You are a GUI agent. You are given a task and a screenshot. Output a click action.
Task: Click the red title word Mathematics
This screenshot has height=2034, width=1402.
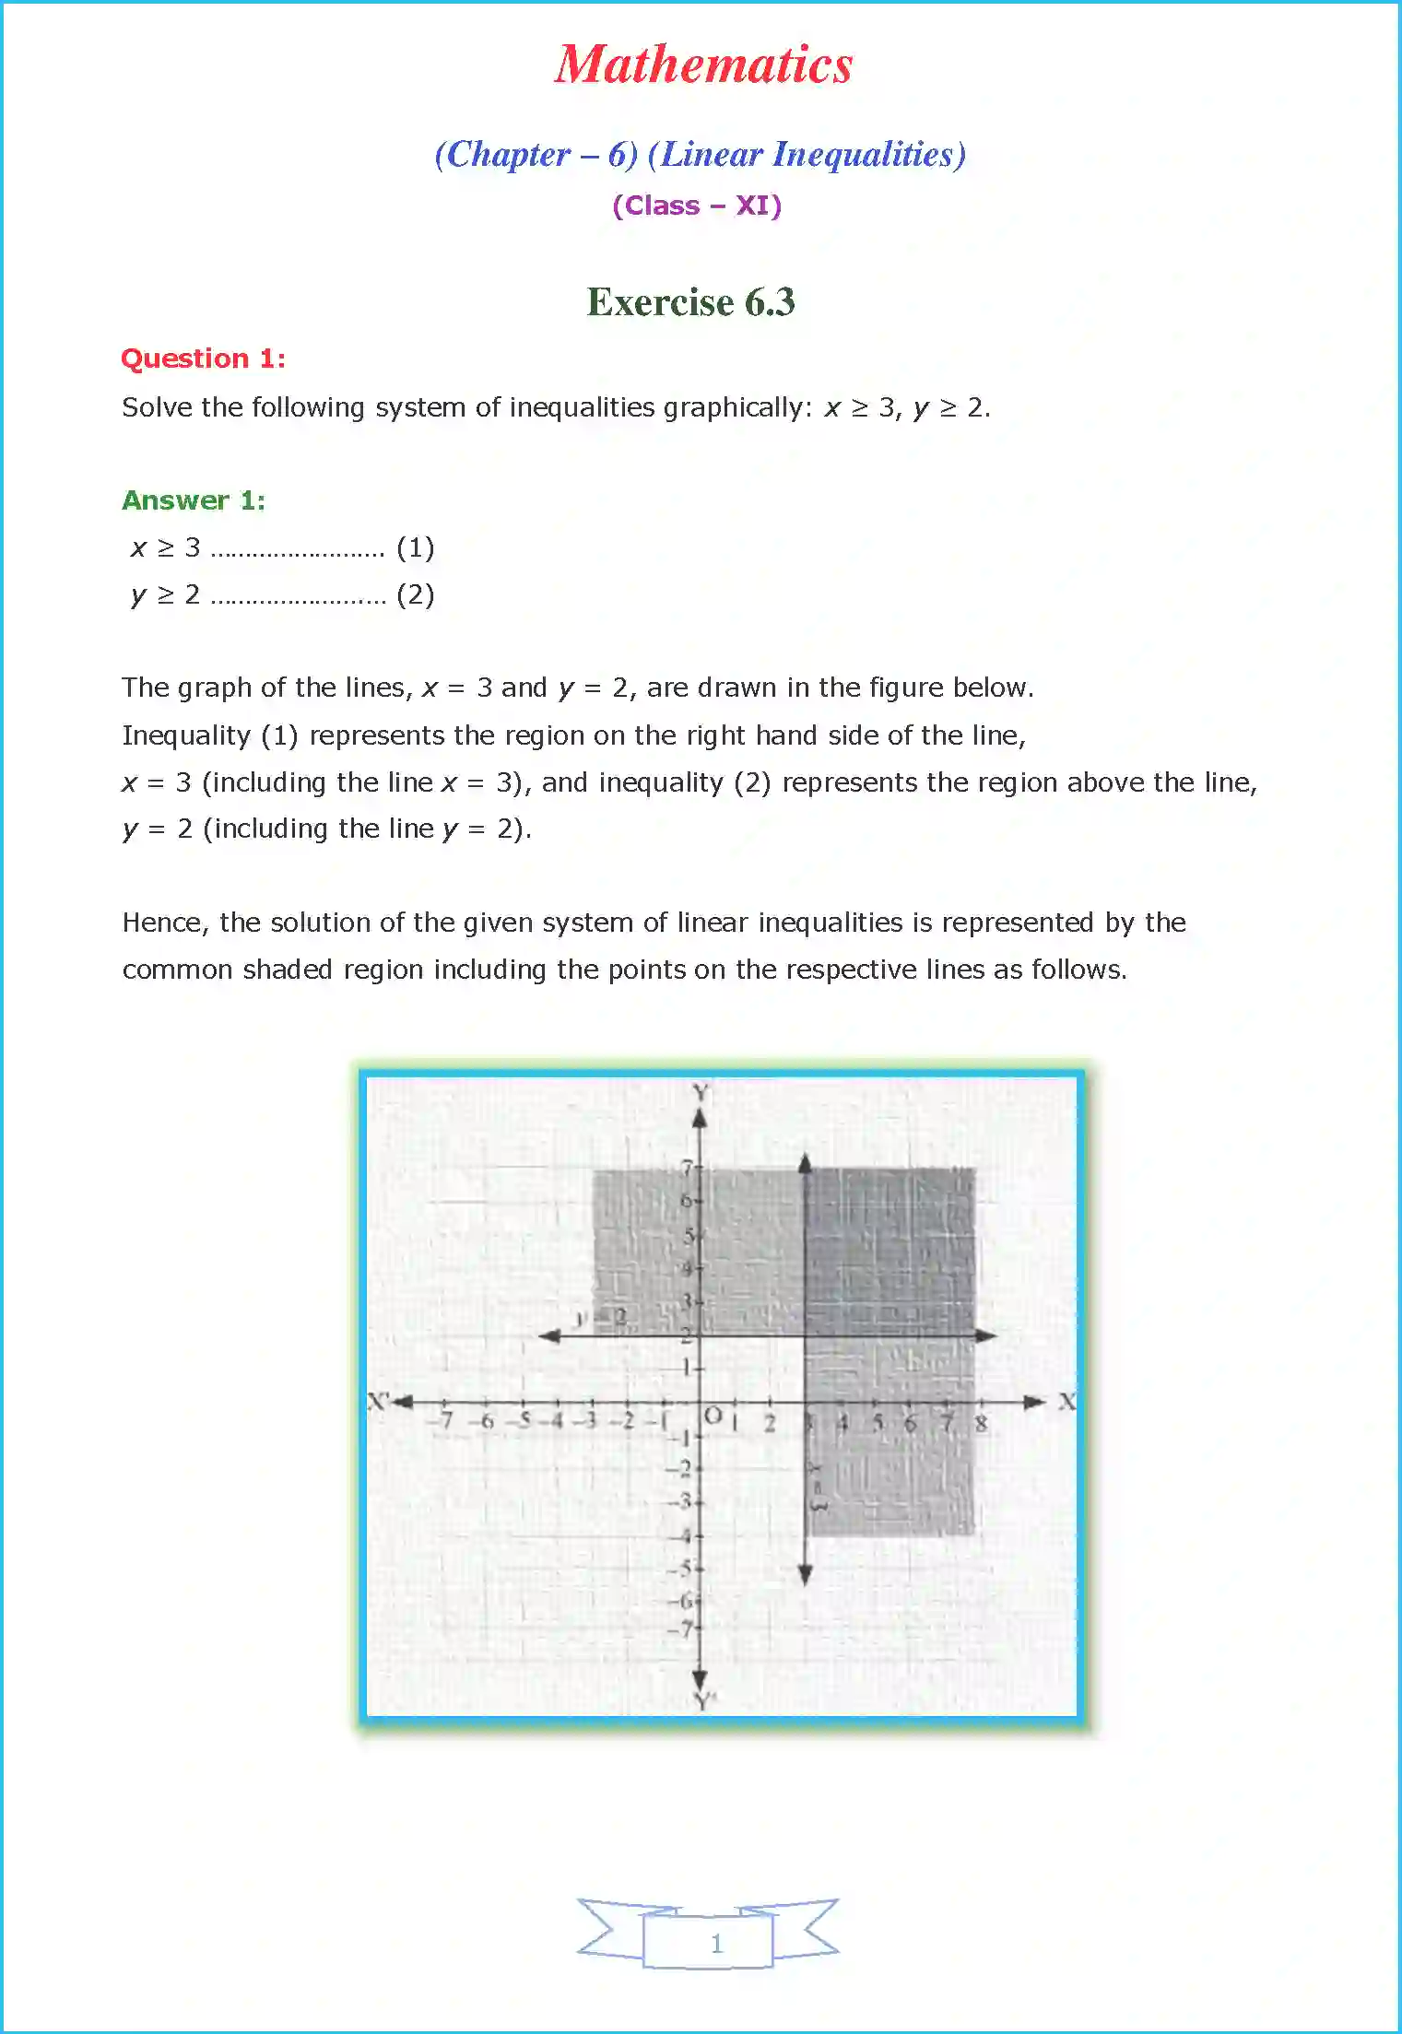pos(703,65)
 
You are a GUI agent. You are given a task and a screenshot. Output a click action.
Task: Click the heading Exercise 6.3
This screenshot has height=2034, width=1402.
pos(690,302)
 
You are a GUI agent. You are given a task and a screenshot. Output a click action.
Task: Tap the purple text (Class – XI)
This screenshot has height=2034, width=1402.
pos(697,206)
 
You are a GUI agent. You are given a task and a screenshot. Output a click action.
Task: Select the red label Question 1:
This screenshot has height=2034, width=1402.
pos(203,359)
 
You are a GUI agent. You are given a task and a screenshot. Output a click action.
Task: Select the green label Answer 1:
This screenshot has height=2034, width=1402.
pos(194,500)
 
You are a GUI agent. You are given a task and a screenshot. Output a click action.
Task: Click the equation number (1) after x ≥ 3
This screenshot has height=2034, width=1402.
pos(415,547)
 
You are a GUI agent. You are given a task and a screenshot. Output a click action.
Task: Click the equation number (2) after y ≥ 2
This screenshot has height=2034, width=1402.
pos(415,594)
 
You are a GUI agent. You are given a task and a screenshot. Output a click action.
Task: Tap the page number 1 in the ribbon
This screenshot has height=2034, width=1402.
pos(716,1944)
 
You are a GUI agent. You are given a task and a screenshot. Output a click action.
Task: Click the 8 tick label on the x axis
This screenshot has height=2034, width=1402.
pos(981,1424)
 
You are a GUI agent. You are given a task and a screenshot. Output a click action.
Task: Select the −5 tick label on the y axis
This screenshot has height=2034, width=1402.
pos(681,1568)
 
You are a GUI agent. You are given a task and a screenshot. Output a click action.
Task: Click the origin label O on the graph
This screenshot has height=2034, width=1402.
pos(713,1416)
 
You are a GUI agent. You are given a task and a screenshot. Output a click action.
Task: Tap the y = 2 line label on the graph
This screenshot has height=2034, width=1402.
pos(601,1318)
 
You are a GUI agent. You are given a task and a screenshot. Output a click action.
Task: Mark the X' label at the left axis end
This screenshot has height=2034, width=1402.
pos(378,1402)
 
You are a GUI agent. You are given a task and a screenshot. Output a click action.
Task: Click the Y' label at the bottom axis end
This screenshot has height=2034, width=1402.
pos(705,1701)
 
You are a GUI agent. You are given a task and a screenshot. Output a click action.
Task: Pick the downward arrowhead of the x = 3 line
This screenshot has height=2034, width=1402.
pos(806,1575)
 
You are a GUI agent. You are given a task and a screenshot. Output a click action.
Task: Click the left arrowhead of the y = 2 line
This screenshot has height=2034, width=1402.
pos(550,1335)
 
